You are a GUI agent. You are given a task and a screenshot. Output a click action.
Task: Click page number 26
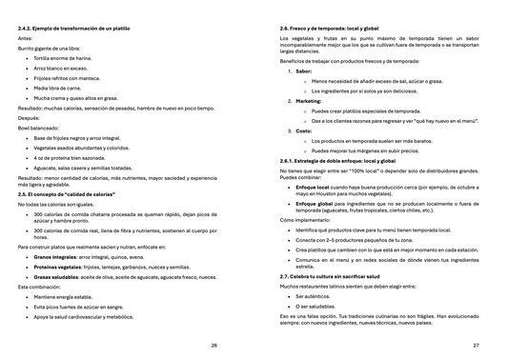[x=214, y=345]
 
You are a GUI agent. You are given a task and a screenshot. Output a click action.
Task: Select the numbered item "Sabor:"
[x=303, y=70]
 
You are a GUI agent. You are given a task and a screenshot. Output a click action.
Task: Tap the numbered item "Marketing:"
[x=308, y=100]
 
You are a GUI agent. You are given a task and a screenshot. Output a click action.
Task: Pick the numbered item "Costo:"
[x=303, y=130]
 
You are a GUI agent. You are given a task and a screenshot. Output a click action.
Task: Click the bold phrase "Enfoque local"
[x=315, y=189]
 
